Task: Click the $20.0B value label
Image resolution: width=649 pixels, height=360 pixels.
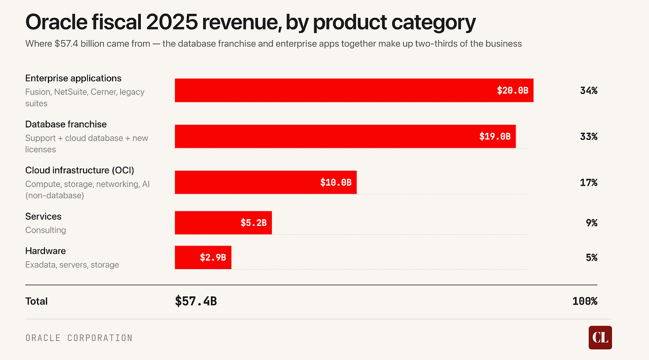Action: coord(513,90)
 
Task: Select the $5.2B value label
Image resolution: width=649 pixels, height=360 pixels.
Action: coord(254,223)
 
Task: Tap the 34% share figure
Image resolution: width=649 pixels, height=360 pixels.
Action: coord(588,90)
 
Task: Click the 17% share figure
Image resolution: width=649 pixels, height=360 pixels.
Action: coord(588,182)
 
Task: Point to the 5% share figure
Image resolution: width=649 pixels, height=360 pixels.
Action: coord(591,258)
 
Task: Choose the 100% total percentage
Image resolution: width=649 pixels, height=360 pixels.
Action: coord(585,301)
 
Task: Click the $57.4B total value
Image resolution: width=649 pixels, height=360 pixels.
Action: coord(196,301)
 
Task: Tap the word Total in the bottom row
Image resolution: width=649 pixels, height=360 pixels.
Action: coord(37,301)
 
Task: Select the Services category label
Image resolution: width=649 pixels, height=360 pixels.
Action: coord(43,217)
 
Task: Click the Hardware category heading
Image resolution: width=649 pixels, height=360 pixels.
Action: coord(45,251)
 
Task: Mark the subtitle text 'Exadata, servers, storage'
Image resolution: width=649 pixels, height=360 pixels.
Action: coord(72,265)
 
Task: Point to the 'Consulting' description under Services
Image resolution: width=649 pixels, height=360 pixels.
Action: coord(45,230)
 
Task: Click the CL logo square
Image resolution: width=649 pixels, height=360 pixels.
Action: coord(600,337)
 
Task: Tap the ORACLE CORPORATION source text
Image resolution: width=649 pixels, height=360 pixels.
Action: coord(79,338)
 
